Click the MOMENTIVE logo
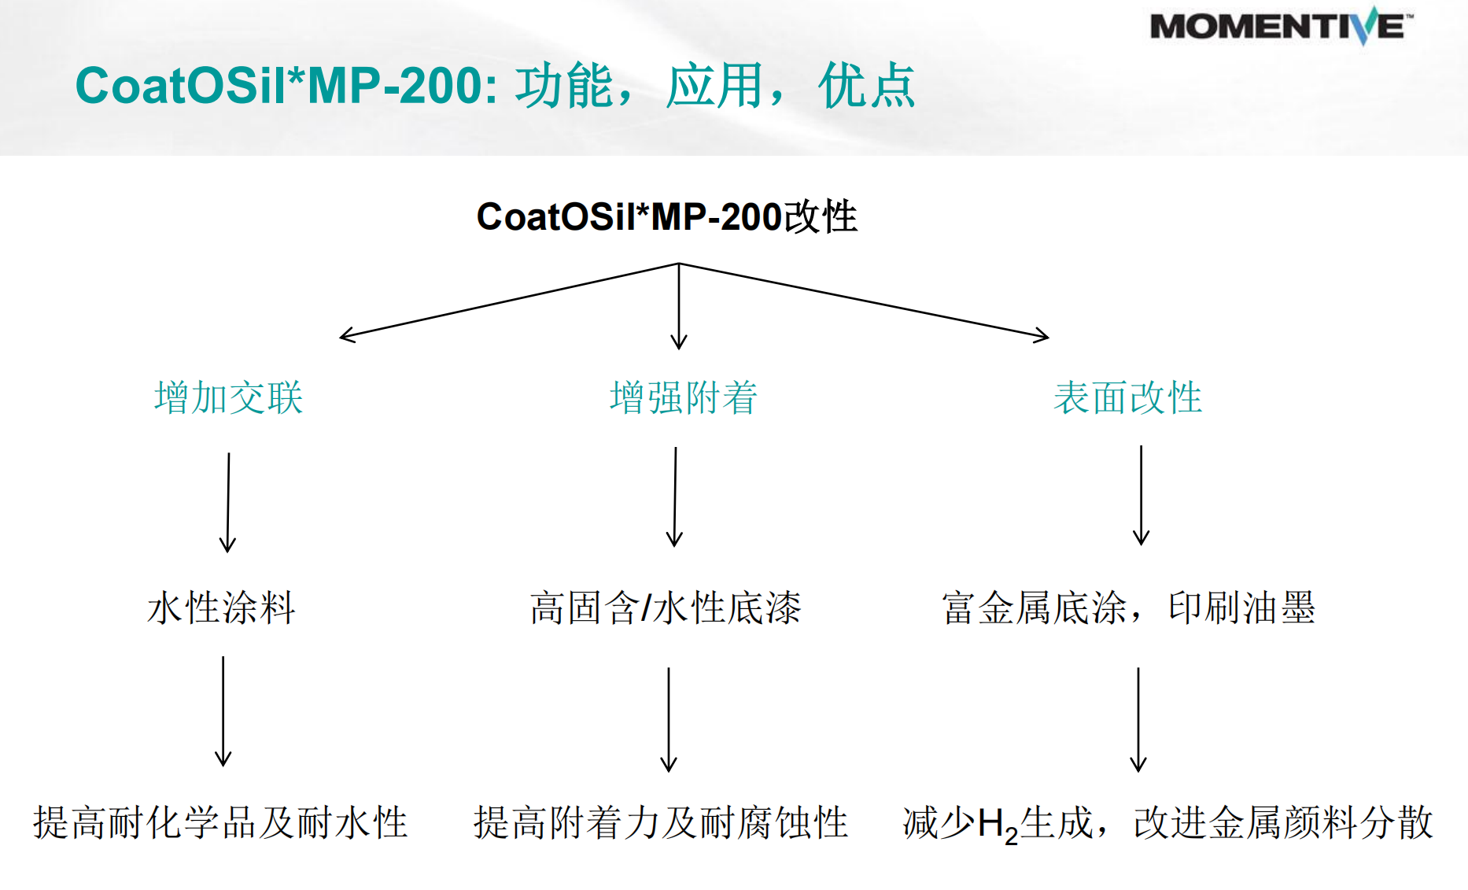(1280, 27)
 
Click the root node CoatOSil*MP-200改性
(666, 216)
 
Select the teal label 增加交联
(228, 397)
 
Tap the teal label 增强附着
(683, 397)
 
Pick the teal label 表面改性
(1127, 397)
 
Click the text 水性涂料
(221, 608)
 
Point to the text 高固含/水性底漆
(665, 608)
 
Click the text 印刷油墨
(1241, 608)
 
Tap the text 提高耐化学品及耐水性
(220, 823)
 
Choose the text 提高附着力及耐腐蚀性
(661, 823)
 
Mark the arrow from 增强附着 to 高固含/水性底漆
(675, 496)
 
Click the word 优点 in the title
(866, 86)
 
